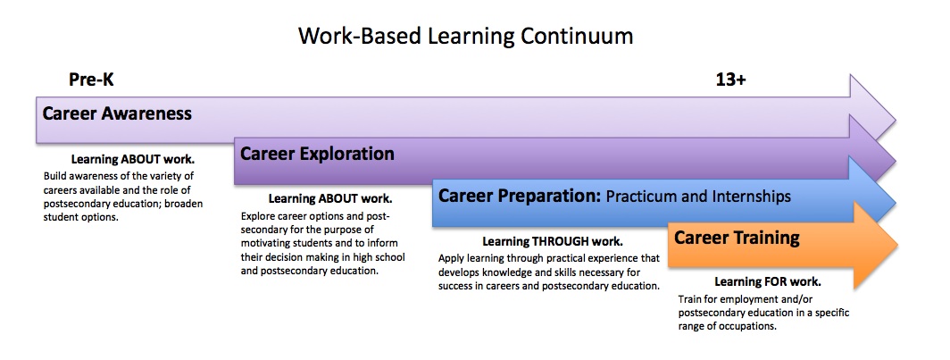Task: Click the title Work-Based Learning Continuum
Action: coord(465,36)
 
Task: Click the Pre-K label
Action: coord(91,80)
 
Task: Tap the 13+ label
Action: coord(730,80)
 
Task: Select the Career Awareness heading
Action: coord(117,114)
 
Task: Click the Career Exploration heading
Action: coord(317,154)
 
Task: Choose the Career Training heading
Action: coord(737,238)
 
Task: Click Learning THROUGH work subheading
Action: coord(553,241)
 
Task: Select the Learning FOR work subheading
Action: coord(768,281)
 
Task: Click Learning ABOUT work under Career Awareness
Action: coord(132,159)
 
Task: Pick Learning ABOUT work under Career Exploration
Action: coord(330,198)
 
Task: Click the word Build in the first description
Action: coord(54,176)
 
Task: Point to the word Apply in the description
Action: coord(451,258)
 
